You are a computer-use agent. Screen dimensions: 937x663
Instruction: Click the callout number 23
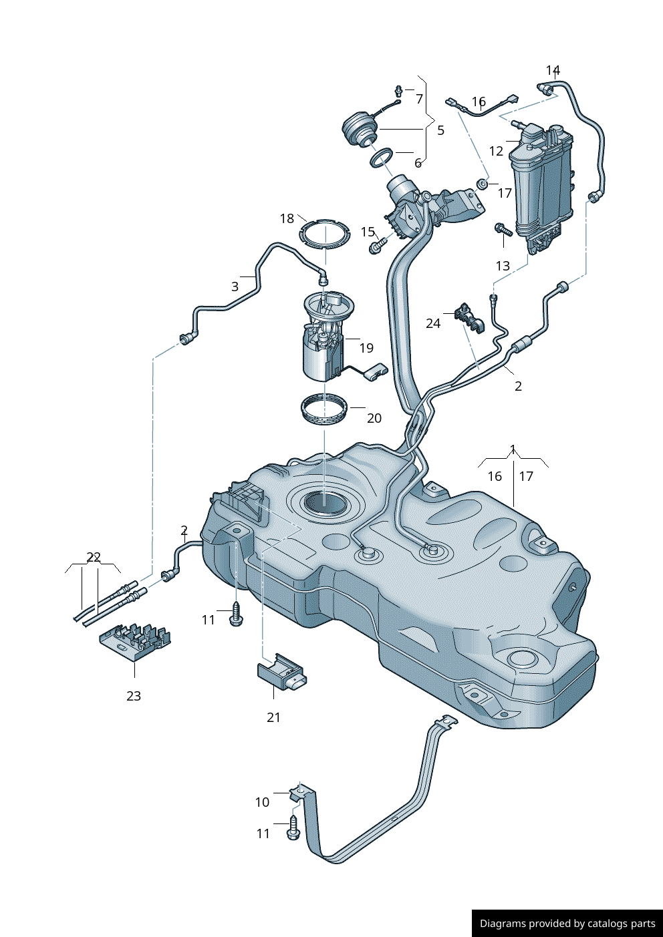click(134, 696)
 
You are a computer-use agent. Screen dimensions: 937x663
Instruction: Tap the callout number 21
click(273, 717)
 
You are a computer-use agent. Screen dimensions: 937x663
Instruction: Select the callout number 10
click(262, 802)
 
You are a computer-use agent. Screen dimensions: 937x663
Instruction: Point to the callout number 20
click(374, 418)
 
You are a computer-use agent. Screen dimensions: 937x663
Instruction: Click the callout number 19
click(366, 348)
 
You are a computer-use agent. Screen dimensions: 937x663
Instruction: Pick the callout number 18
click(287, 218)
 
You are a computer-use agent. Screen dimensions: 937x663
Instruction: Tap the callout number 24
click(433, 323)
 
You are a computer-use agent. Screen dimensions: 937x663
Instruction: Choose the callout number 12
click(496, 151)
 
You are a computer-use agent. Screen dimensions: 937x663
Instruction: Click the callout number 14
click(553, 70)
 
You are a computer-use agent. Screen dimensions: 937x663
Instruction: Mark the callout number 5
click(440, 130)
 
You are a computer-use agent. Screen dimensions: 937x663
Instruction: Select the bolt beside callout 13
click(503, 230)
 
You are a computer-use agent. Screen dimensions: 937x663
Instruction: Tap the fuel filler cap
click(360, 130)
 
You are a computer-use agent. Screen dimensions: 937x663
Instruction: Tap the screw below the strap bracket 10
click(293, 829)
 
